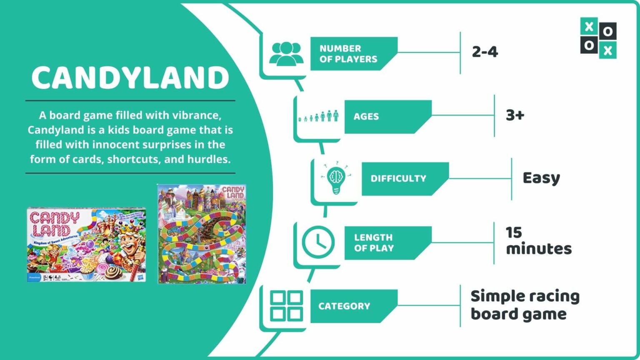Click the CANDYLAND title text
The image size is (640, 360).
click(x=130, y=78)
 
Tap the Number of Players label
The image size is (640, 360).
click(x=348, y=54)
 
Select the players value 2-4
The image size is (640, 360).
click(x=485, y=52)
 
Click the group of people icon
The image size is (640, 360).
click(x=286, y=54)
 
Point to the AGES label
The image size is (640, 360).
click(x=366, y=117)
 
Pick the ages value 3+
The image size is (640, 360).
click(x=515, y=115)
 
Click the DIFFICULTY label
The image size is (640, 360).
click(x=398, y=179)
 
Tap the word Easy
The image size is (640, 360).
click(x=541, y=178)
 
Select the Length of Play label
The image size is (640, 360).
click(x=374, y=243)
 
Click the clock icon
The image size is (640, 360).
click(x=318, y=242)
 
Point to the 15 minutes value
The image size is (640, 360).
click(x=538, y=241)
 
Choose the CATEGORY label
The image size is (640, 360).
click(x=344, y=306)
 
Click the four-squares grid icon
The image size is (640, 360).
click(x=286, y=306)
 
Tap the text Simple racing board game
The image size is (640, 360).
click(x=525, y=305)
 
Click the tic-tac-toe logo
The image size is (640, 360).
click(x=598, y=38)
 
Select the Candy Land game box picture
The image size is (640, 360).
click(x=86, y=245)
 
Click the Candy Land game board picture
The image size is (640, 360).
click(x=202, y=234)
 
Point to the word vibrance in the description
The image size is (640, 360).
click(x=196, y=115)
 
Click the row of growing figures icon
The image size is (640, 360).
click(x=319, y=116)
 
